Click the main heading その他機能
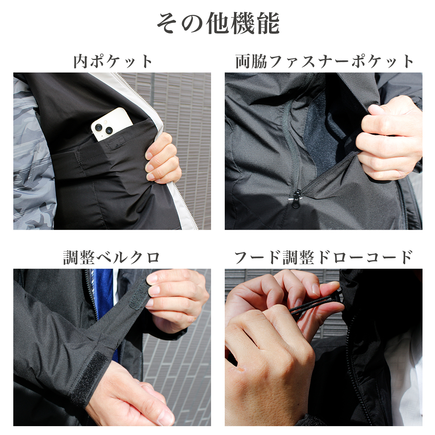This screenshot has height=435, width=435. coord(218,24)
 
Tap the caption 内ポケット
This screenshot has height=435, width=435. coord(113,61)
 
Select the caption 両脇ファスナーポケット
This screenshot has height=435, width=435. coord(324,61)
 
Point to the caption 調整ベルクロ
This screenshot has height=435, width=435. coord(112,257)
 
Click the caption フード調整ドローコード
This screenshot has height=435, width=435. coord(323,257)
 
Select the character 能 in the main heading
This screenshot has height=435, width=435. coord(268,24)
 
